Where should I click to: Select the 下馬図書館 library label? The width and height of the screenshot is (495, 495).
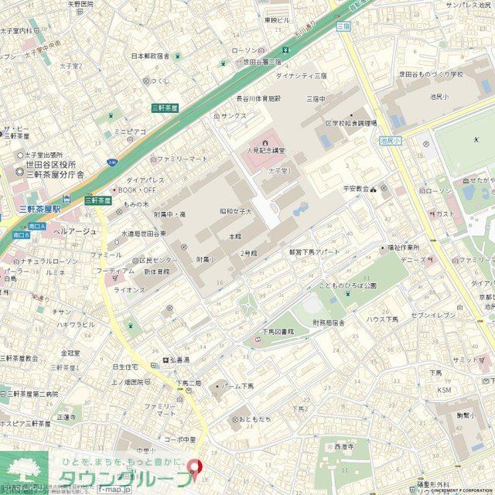(283, 331)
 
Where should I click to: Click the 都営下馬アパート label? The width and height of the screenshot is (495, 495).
(314, 252)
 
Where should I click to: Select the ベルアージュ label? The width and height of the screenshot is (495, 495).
(75, 231)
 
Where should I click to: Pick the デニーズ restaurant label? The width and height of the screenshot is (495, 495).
(413, 261)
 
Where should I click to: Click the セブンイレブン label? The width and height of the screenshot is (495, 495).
(433, 316)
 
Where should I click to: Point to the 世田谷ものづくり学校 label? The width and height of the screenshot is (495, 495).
(430, 74)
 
